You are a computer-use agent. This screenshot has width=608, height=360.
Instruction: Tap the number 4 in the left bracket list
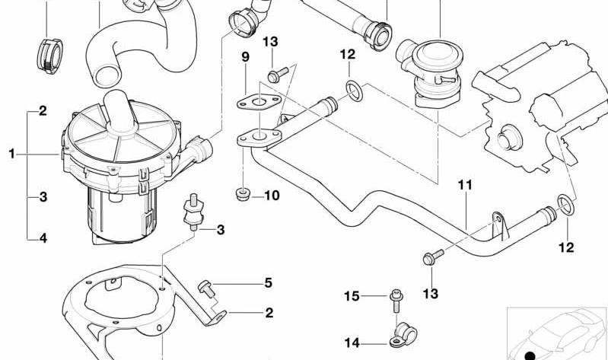(43, 238)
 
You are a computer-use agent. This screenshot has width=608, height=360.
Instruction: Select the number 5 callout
(268, 283)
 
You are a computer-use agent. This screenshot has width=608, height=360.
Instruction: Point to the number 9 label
(245, 57)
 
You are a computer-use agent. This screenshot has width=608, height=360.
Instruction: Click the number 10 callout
(272, 196)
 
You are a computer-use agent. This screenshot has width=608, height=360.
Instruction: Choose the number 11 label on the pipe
(465, 185)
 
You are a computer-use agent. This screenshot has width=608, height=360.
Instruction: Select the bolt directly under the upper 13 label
(275, 75)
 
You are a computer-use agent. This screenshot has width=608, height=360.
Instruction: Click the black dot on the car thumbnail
(530, 354)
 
